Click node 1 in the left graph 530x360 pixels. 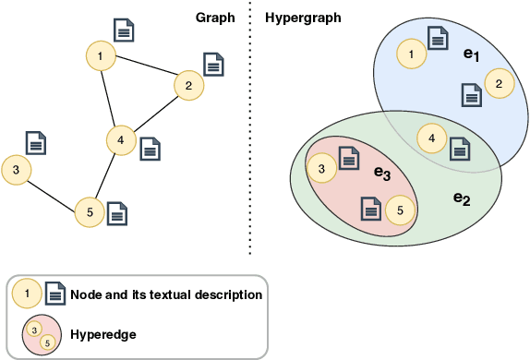coord(100,57)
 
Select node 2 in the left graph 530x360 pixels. coord(188,86)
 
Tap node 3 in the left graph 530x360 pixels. coord(17,169)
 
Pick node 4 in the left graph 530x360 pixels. coord(120,140)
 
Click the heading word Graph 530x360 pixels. coord(214,18)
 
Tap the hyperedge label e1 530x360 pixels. coord(471,55)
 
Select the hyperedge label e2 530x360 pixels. coord(462,198)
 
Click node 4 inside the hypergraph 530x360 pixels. coord(429,138)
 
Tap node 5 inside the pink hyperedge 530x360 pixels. coord(399,210)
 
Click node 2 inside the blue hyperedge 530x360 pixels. coord(499,84)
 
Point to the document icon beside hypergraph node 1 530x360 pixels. coord(439,39)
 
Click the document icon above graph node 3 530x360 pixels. coord(36,142)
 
